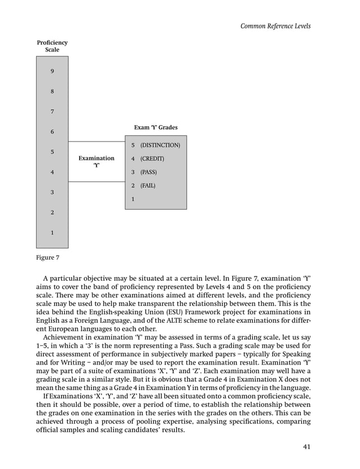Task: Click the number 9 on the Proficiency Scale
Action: click(x=52, y=71)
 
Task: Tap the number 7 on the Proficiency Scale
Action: click(x=52, y=112)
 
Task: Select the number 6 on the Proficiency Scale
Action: click(x=52, y=132)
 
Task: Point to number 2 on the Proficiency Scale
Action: click(x=52, y=213)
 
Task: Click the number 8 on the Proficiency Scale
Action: click(x=52, y=91)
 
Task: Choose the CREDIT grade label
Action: click(x=152, y=159)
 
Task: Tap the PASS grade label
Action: click(x=148, y=172)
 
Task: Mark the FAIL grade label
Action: click(x=148, y=186)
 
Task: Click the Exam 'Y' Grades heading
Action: click(x=155, y=128)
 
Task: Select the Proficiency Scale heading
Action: click(x=52, y=46)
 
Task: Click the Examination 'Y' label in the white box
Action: click(x=96, y=162)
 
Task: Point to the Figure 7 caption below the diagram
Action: click(x=48, y=258)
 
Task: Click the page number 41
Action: click(x=306, y=447)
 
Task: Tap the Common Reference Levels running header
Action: click(x=275, y=26)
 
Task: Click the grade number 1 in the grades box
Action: click(x=133, y=199)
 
